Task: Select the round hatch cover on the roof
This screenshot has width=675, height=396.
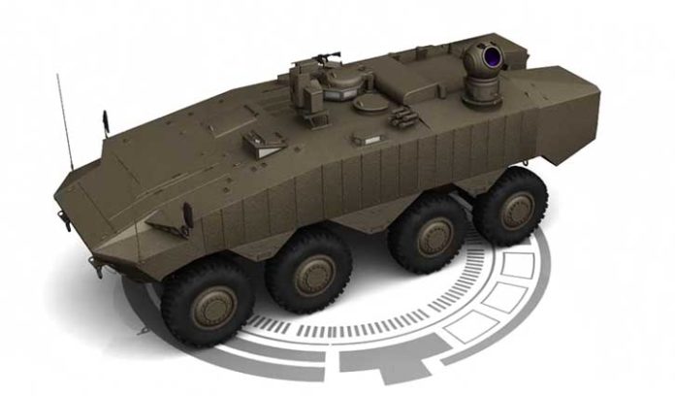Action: pyautogui.click(x=370, y=101)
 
